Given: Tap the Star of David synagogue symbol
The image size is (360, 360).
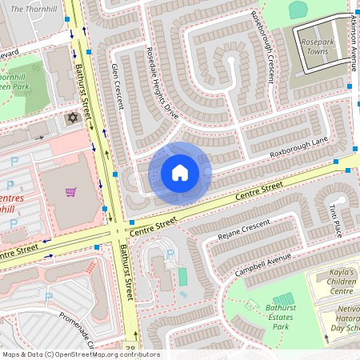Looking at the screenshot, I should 74,118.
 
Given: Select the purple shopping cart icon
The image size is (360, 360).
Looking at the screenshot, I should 70,192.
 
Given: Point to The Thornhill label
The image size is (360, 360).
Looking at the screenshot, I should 32,7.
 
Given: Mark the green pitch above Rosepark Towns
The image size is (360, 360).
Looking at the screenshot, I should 298,10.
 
